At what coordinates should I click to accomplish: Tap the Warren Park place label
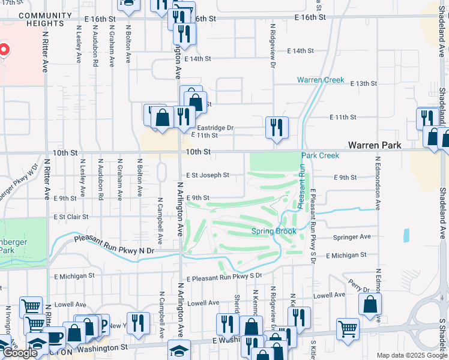(375, 145)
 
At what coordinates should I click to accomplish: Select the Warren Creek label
(321, 80)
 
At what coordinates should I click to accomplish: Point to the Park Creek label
(321, 155)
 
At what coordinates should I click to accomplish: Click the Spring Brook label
(274, 231)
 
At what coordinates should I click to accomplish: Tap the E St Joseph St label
(207, 175)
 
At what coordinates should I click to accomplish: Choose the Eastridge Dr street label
(215, 128)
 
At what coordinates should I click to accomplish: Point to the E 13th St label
(363, 83)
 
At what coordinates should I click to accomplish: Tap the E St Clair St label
(71, 217)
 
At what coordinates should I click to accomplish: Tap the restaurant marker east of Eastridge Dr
(277, 127)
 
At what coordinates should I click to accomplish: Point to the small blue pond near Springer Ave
(406, 235)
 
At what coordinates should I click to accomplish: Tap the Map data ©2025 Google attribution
(411, 355)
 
